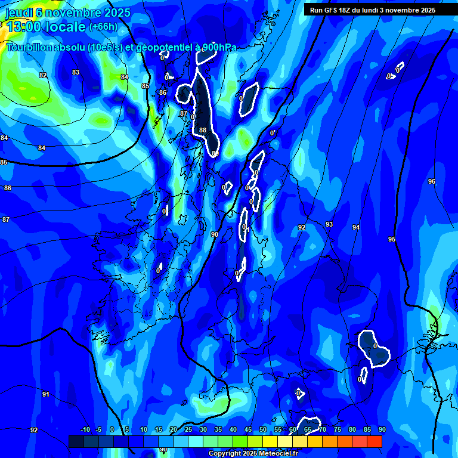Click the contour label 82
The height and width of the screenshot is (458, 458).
pos(42,75)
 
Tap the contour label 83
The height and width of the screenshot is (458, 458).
pos(76,72)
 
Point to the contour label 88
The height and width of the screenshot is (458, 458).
pos(203,130)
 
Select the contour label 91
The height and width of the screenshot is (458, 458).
pos(46,394)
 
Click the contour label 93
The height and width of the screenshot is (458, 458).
pos(329,224)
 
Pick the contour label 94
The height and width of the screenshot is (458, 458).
pos(356,227)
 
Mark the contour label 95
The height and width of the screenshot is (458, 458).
pos(392,239)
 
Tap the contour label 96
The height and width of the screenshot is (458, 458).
pos(432,181)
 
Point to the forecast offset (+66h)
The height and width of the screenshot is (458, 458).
pos(103,27)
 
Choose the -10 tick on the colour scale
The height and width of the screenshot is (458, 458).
pos(85,429)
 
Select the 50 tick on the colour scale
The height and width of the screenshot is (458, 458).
pos(263,429)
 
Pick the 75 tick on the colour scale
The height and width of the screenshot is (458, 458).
pos(338,429)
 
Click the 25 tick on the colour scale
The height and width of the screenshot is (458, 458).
pos(188,429)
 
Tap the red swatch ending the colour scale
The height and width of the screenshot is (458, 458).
pos(375,441)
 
